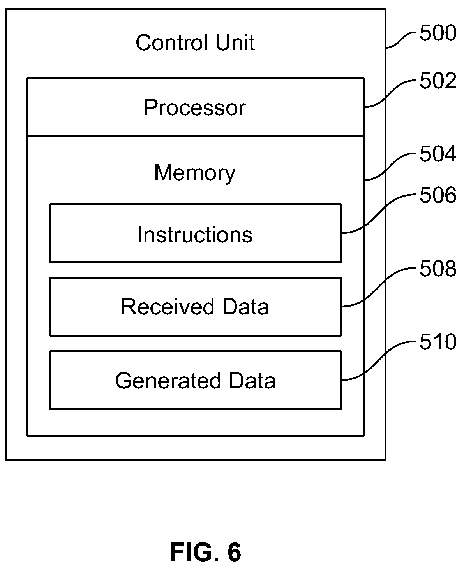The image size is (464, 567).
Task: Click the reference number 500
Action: click(438, 33)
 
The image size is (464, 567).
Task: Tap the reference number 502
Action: click(438, 81)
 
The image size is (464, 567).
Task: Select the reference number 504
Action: click(438, 154)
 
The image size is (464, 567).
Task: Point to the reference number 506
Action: click(438, 195)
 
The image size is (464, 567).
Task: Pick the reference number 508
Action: click(438, 269)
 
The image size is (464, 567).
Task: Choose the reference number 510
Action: click(438, 342)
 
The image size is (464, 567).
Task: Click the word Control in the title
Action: click(172, 42)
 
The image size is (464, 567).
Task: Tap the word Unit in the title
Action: click(235, 42)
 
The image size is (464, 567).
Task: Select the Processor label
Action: click(195, 107)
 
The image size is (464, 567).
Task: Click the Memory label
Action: click(195, 173)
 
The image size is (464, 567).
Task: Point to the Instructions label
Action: click(195, 235)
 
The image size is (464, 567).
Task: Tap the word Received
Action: click(168, 307)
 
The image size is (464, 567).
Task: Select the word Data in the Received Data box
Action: click(246, 307)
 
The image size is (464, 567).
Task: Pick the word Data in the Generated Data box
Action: click(252, 381)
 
